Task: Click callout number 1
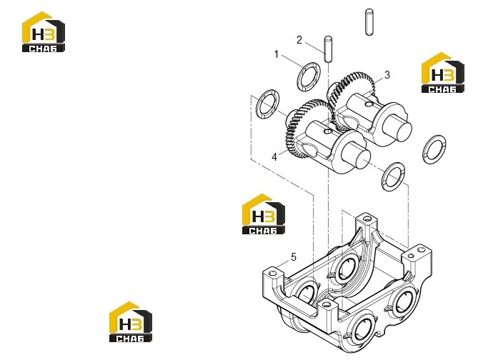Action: (x=276, y=54)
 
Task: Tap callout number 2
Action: (x=299, y=40)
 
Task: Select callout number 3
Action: (x=387, y=75)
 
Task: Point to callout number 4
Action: (x=274, y=157)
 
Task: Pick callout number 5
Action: (x=293, y=257)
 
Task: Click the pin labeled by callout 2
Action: (x=329, y=49)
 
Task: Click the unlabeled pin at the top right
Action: (x=369, y=22)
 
